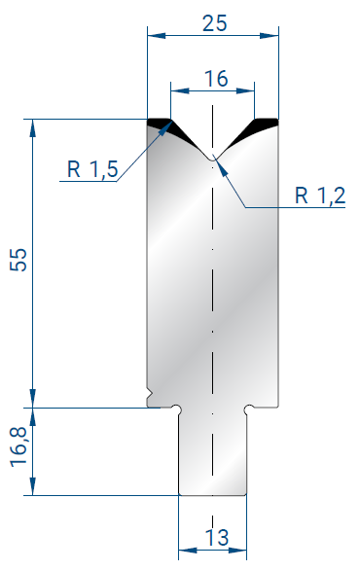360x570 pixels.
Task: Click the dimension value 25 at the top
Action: (x=215, y=23)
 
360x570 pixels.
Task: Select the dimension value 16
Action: (x=216, y=79)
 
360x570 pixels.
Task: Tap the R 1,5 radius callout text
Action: (x=92, y=169)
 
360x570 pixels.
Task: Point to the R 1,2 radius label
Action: (x=320, y=196)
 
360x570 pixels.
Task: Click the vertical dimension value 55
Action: (x=18, y=260)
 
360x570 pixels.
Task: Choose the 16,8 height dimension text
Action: (x=18, y=447)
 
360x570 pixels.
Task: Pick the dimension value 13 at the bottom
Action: (x=217, y=537)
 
